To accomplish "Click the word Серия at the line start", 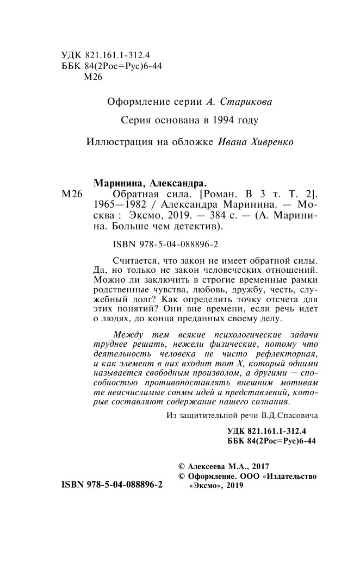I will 133,120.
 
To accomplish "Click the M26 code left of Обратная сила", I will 72,194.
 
